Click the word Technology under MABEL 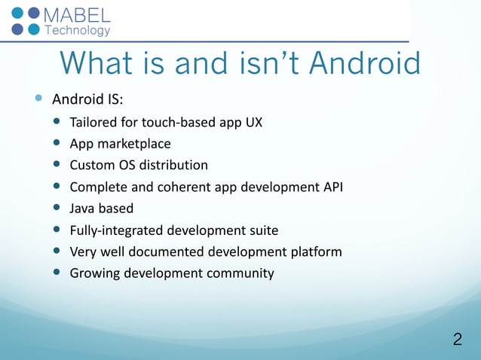[78, 31]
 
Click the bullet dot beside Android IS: [38, 99]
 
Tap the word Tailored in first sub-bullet [93, 122]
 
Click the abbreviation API [332, 187]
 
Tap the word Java [82, 208]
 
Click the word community [239, 273]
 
